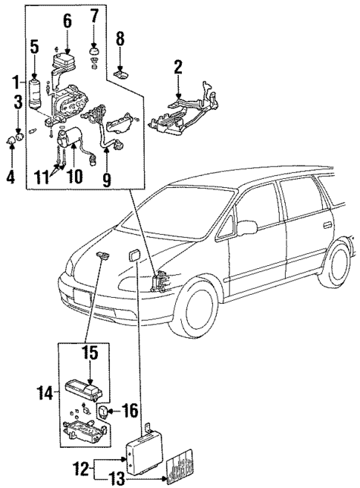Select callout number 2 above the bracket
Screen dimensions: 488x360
click(178, 68)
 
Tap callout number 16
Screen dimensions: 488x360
click(125, 409)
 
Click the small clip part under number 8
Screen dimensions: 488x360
click(122, 73)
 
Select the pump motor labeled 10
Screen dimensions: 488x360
click(75, 138)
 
